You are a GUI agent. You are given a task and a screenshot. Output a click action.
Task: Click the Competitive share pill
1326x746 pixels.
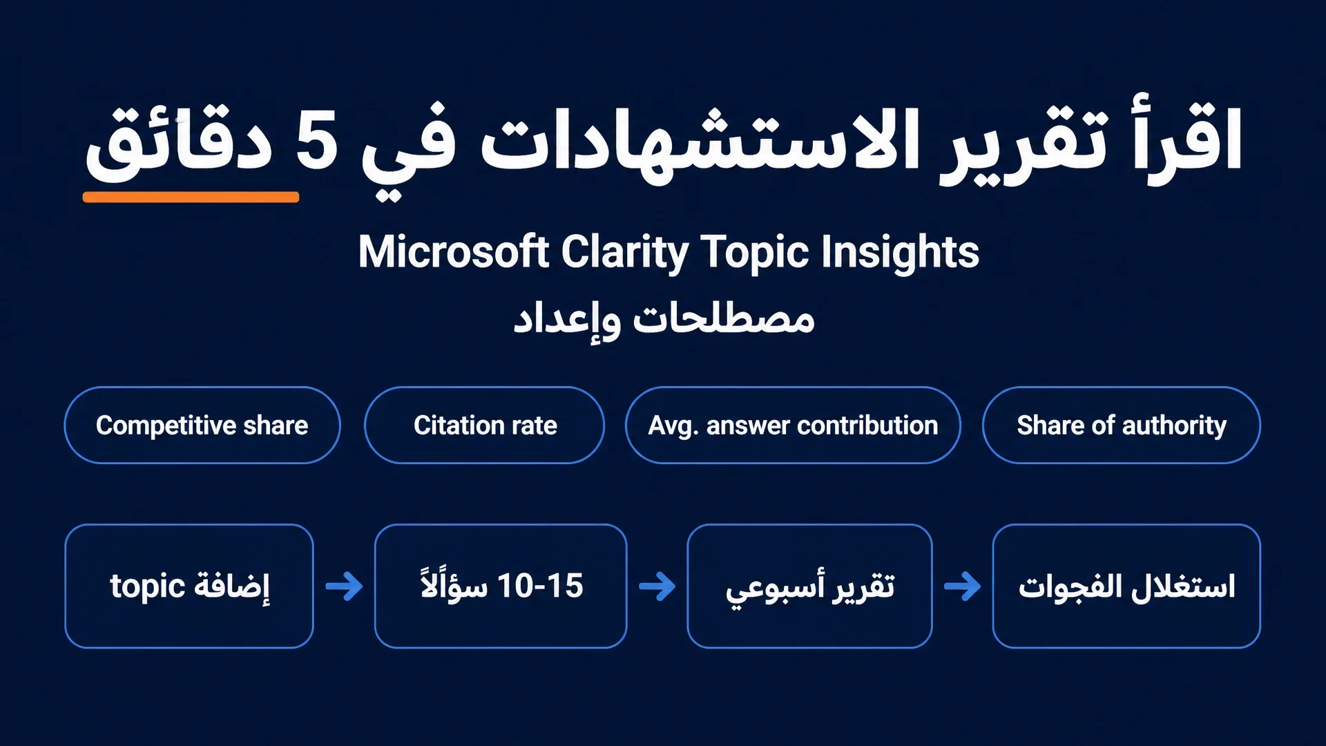pyautogui.click(x=202, y=425)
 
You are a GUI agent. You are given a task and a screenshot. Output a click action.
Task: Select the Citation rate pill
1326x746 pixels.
pyautogui.click(x=484, y=425)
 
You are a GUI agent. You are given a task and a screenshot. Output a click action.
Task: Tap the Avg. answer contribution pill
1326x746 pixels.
pyautogui.click(x=793, y=425)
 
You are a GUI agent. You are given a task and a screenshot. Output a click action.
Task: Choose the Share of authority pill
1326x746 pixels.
pyautogui.click(x=1122, y=425)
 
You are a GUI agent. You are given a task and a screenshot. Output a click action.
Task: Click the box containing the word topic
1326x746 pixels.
pyautogui.click(x=189, y=586)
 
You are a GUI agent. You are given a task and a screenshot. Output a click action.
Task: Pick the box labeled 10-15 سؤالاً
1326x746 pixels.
pyautogui.click(x=501, y=586)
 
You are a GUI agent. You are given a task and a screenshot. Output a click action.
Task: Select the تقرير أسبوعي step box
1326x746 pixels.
pyautogui.click(x=809, y=586)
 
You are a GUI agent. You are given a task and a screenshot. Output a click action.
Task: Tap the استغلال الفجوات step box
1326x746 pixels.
pyautogui.click(x=1126, y=586)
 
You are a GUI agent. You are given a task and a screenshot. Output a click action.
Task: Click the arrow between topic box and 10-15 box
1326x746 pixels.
pyautogui.click(x=344, y=586)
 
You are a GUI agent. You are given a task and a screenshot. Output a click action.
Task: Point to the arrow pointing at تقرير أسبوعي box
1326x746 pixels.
pyautogui.click(x=657, y=586)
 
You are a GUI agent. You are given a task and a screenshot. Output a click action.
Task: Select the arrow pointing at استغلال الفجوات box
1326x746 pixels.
pyautogui.click(x=962, y=586)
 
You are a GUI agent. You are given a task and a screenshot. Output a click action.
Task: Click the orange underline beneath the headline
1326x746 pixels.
pyautogui.click(x=191, y=197)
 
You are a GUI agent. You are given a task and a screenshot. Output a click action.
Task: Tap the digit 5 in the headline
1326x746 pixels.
pyautogui.click(x=317, y=140)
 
